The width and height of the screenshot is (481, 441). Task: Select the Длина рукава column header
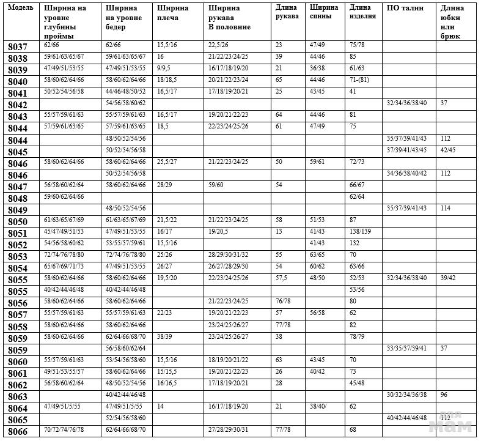(x=287, y=12)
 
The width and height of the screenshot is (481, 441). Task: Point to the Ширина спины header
(x=324, y=12)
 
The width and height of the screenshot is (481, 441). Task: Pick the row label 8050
(x=18, y=221)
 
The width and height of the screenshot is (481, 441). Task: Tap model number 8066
(x=18, y=432)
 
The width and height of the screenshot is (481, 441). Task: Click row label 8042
(x=18, y=105)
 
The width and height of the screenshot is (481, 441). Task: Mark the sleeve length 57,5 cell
(x=281, y=278)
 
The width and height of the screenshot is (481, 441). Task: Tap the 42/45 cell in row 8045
(x=449, y=150)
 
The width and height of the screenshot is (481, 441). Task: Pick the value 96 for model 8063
(x=444, y=395)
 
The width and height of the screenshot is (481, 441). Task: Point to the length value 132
(x=354, y=243)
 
